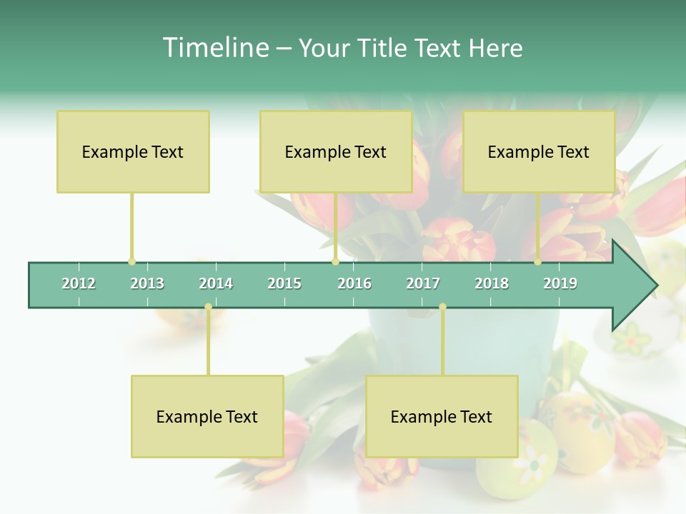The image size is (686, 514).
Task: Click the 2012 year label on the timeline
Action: tap(79, 283)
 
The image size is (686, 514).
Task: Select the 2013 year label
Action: tap(147, 283)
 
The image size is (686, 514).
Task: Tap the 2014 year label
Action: tap(216, 283)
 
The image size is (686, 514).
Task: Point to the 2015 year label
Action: tap(284, 283)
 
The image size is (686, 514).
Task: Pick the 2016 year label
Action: tap(354, 283)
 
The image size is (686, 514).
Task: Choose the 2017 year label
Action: tap(423, 283)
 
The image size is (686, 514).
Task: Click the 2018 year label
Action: tap(492, 283)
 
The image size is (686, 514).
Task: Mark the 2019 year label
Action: tap(560, 283)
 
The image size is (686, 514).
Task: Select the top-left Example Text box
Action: tap(133, 151)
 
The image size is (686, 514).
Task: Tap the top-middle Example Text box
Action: tap(336, 151)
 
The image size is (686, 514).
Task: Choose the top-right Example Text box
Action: tap(539, 151)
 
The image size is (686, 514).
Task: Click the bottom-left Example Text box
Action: tap(207, 416)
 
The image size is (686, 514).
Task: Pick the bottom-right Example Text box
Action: tap(442, 416)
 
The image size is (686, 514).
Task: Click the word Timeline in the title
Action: tap(214, 48)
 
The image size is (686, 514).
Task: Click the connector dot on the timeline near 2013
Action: tap(131, 262)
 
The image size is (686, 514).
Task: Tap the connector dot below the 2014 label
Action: tap(208, 307)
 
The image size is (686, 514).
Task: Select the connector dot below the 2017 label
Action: tap(442, 307)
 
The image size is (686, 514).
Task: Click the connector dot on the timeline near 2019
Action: tap(538, 262)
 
